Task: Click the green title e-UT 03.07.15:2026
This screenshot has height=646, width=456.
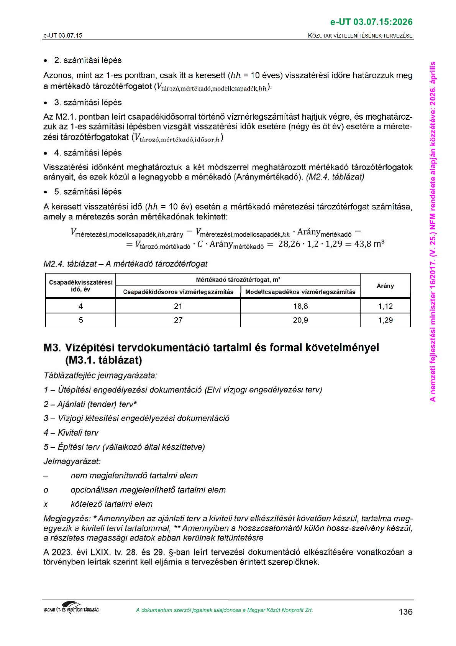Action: [x=371, y=22]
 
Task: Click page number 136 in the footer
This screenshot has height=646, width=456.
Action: [x=405, y=612]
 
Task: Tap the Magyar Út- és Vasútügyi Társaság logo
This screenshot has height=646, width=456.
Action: [x=71, y=608]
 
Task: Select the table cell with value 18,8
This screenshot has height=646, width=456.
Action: [x=300, y=306]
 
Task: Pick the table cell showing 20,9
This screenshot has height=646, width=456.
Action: [x=300, y=320]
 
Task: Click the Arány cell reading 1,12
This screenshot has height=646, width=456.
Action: [x=385, y=306]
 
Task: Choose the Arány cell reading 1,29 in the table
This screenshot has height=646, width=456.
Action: [x=385, y=320]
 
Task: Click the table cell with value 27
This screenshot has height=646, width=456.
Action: [x=178, y=320]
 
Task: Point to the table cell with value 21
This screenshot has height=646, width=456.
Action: [x=178, y=306]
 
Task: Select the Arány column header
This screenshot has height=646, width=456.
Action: [x=385, y=286]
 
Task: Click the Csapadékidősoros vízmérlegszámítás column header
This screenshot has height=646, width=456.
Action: [x=178, y=292]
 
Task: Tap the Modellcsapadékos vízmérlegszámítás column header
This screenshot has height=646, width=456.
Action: [x=300, y=292]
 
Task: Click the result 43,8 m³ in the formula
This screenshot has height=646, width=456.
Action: [x=369, y=244]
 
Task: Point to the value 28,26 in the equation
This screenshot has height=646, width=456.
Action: [x=289, y=244]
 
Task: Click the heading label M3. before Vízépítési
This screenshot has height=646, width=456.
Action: [x=52, y=348]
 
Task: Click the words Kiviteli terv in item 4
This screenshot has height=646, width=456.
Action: [x=78, y=433]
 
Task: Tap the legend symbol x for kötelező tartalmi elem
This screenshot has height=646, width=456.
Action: [x=46, y=504]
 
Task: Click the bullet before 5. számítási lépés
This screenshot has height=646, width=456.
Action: [x=46, y=192]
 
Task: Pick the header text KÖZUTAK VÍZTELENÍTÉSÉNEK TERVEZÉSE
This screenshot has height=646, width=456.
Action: [x=360, y=36]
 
